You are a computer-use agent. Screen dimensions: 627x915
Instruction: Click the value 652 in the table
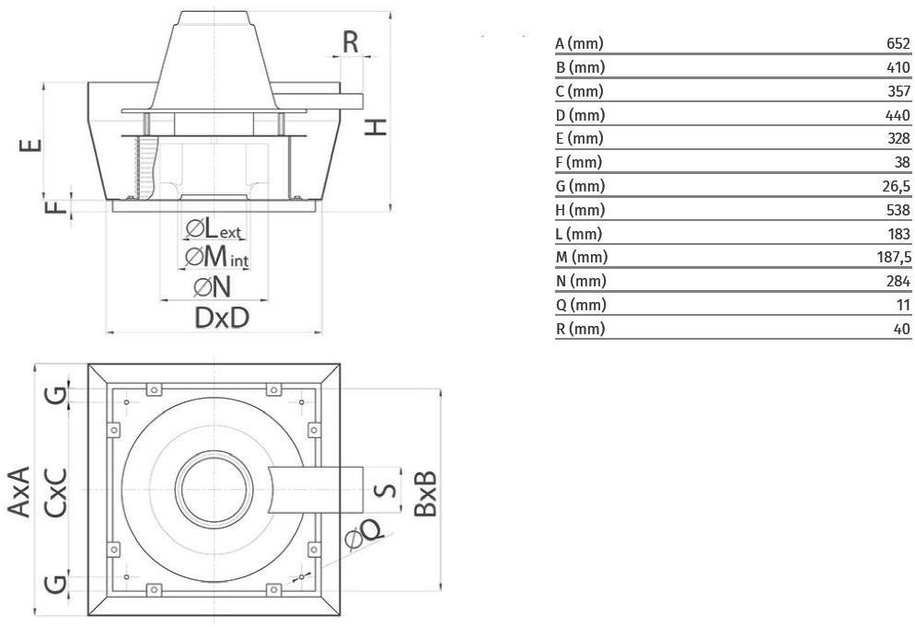coord(897,43)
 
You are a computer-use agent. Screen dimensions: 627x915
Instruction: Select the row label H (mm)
coord(579,210)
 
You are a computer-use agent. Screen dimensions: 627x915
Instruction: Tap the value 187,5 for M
coord(893,258)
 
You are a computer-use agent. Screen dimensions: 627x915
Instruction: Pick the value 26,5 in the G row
coord(895,186)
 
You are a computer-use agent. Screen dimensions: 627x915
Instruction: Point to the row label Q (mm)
coord(580,305)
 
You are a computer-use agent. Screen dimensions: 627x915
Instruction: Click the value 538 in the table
coord(897,210)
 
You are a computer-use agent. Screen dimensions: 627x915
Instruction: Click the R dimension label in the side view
coord(351,41)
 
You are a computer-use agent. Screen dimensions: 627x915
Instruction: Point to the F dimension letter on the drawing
coord(58,204)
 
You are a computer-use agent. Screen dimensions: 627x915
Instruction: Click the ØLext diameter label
coord(214,229)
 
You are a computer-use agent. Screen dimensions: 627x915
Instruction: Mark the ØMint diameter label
coord(217,257)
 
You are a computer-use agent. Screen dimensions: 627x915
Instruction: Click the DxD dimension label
coord(222,318)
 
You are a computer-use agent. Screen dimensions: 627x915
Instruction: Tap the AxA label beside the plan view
coord(20,492)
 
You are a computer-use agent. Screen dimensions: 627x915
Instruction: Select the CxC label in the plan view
coord(56,492)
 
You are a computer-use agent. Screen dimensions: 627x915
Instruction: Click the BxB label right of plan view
coord(424,492)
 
